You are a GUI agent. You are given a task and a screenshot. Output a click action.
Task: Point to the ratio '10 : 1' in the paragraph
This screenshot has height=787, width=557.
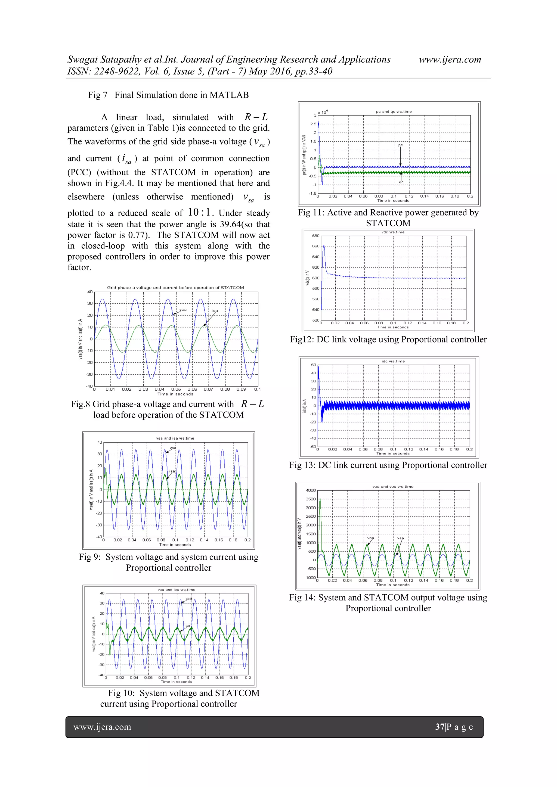[199, 213]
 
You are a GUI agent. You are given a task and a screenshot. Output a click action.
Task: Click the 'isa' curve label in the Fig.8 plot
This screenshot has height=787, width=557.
[214, 310]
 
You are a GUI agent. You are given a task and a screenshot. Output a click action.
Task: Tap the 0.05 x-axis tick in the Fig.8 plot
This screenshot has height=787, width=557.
[176, 389]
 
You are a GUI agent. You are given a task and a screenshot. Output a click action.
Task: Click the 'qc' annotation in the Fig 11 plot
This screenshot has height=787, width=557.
[401, 182]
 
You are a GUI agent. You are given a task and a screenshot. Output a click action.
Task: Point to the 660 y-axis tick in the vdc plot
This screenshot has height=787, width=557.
[315, 246]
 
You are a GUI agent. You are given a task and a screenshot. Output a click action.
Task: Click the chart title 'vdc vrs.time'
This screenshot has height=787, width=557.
[393, 232]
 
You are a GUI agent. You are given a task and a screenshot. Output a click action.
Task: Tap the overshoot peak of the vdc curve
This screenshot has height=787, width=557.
[324, 245]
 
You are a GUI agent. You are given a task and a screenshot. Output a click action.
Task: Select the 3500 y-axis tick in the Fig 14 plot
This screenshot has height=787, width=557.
[310, 499]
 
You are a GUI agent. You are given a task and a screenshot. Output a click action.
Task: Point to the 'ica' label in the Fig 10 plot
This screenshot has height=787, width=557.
[187, 625]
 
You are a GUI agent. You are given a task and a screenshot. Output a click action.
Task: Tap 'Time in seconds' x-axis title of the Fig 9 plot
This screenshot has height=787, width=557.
[175, 545]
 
